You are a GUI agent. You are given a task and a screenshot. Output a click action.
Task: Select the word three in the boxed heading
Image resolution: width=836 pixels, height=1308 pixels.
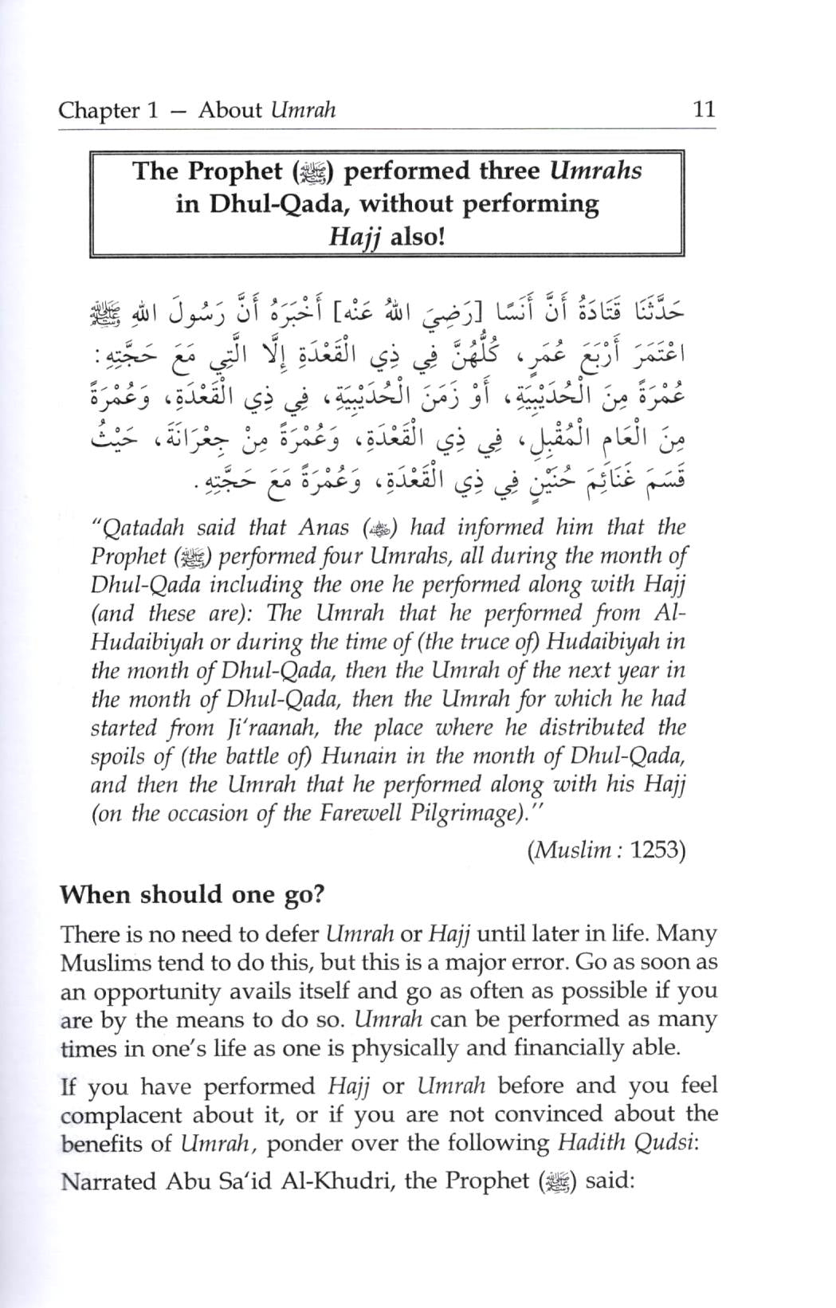click(513, 171)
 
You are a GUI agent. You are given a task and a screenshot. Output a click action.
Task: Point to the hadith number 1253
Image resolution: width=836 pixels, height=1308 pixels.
click(657, 850)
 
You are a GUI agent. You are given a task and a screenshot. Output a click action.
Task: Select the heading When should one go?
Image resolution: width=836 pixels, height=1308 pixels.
click(193, 894)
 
